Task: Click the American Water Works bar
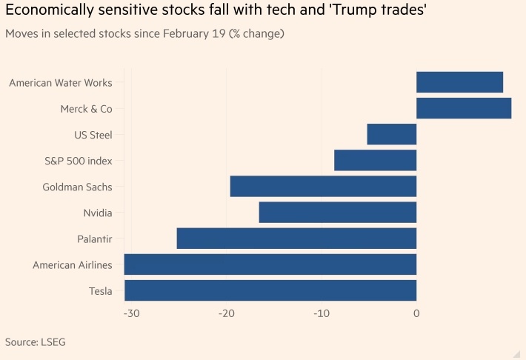[459, 82]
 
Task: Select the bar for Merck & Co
[464, 108]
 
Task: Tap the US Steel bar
[392, 134]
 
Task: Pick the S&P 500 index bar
[376, 160]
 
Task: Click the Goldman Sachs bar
[324, 187]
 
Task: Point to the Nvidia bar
[338, 213]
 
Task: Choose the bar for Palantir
[297, 239]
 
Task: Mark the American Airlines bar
[270, 264]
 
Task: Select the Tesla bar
[270, 290]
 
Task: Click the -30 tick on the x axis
[131, 313]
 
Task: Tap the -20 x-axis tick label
[226, 313]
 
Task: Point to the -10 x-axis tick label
[322, 313]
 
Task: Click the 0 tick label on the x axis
[416, 313]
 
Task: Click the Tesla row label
[99, 291]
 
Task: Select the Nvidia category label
[98, 213]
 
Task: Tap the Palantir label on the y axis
[95, 239]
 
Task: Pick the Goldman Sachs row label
[78, 187]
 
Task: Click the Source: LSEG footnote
[40, 342]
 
